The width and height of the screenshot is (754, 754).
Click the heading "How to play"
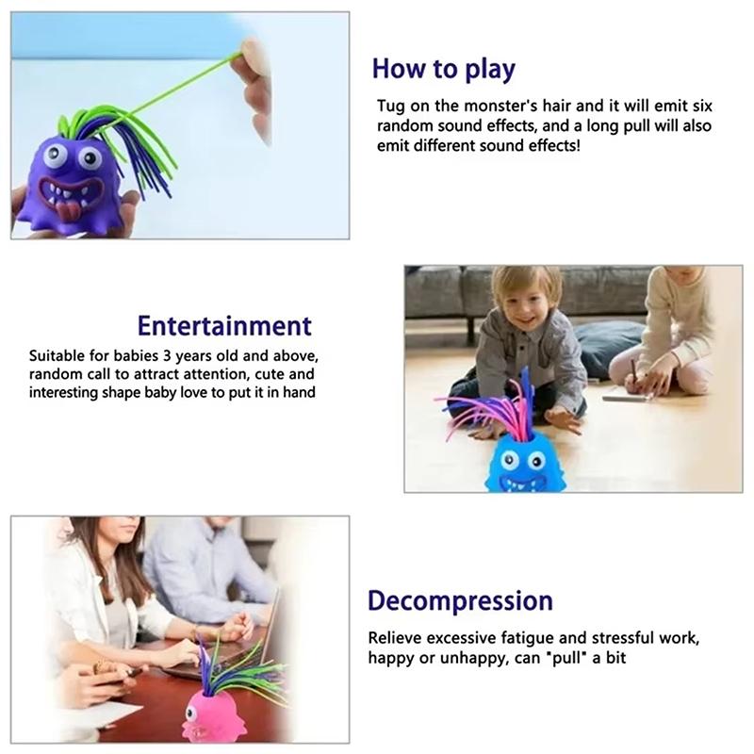point(443,69)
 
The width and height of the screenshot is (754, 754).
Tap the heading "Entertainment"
point(224,326)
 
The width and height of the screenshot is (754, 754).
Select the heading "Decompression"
point(460,601)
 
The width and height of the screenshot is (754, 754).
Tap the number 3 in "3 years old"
point(167,356)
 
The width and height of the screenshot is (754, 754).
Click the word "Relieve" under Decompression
point(395,638)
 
